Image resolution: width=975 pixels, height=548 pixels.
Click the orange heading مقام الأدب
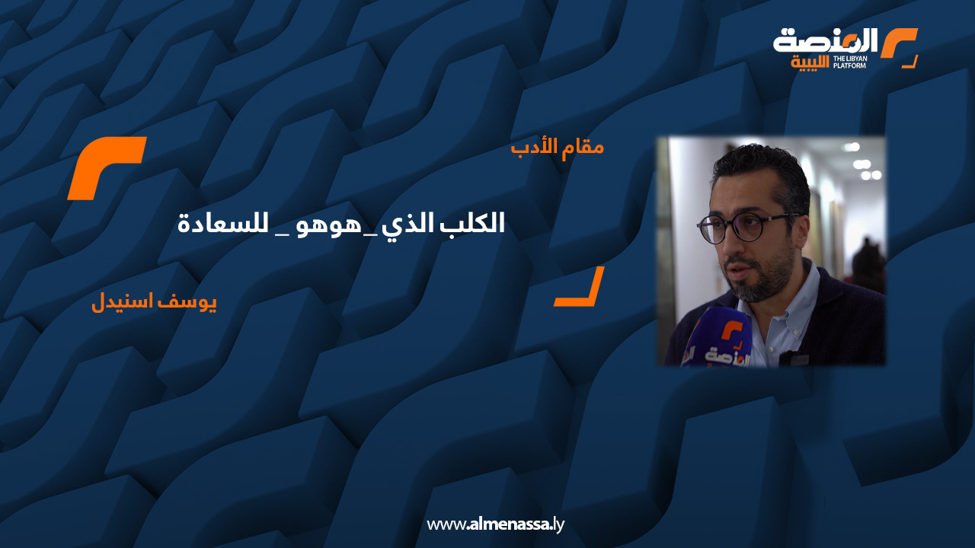point(557,146)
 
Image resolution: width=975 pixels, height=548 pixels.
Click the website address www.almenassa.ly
point(495,524)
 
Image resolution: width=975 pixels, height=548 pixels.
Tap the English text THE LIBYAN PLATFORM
point(849,62)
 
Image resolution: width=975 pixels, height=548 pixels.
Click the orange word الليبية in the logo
point(810,62)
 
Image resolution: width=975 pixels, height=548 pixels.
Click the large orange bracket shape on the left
point(107,168)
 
